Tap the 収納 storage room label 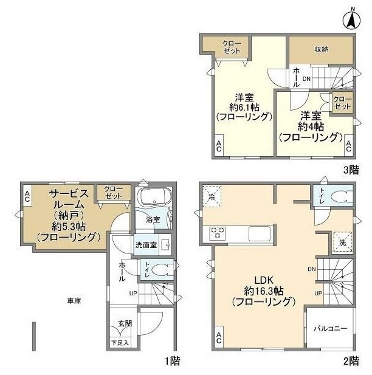coord(321,49)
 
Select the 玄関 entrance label coord(125,323)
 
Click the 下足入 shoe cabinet coord(120,343)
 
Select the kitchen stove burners coord(218,233)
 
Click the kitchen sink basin coord(260,233)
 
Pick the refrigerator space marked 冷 coord(212,196)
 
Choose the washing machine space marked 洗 coord(343,242)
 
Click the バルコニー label coord(331,328)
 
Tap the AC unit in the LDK coord(219,337)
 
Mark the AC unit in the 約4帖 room coord(348,145)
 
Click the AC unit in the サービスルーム coord(27,195)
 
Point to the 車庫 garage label coord(74,301)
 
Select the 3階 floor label coord(351,170)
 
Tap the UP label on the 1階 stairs coord(133,293)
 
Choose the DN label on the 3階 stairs coord(306,78)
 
